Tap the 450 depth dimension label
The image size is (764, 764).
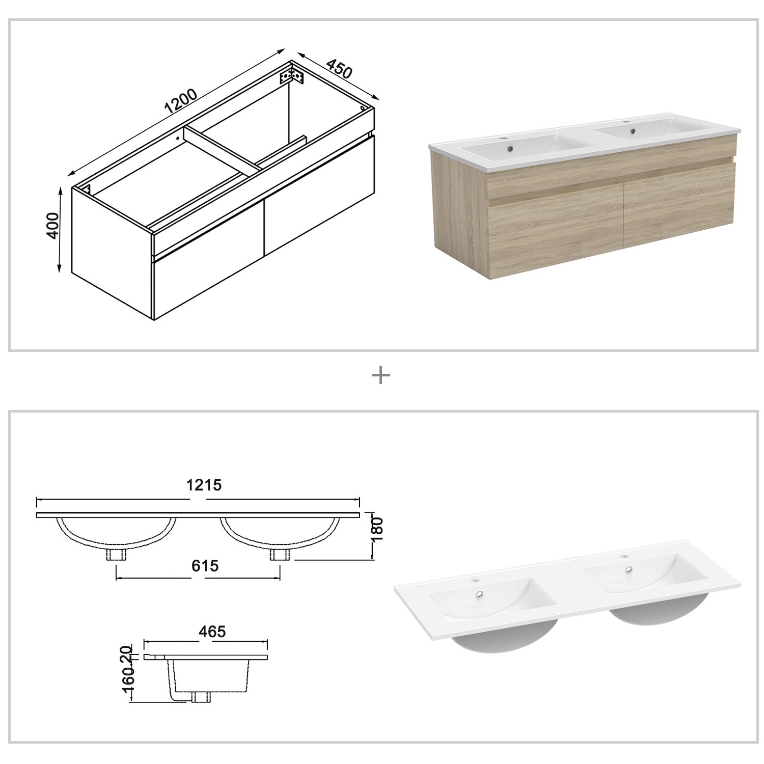pyautogui.click(x=339, y=69)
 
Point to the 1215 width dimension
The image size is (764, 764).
pyautogui.click(x=204, y=485)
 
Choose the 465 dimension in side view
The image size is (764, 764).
pyautogui.click(x=212, y=632)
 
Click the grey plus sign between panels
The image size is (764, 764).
pyautogui.click(x=381, y=376)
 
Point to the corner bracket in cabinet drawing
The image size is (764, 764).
pyautogui.click(x=292, y=76)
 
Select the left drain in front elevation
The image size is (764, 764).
pyautogui.click(x=116, y=554)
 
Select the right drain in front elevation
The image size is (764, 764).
pyautogui.click(x=280, y=554)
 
